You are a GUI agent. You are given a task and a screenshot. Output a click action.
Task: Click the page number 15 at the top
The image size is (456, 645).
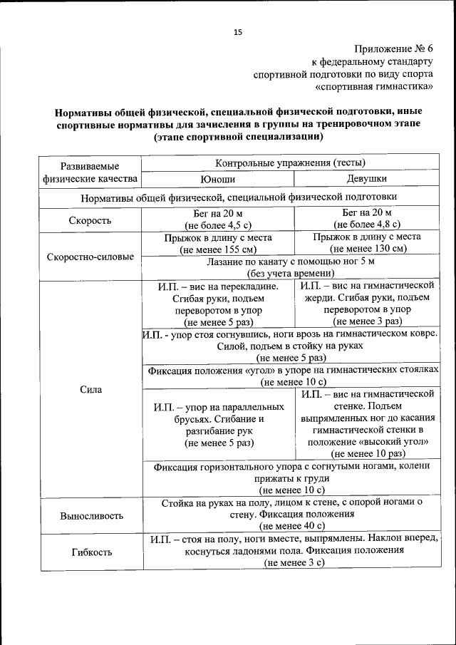[238, 32]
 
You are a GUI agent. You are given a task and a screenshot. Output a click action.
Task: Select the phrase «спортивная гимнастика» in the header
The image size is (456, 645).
[374, 87]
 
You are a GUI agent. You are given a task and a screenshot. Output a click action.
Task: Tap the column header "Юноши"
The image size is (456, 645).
[217, 180]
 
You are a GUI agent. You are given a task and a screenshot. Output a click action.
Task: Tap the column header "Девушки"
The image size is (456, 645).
[367, 180]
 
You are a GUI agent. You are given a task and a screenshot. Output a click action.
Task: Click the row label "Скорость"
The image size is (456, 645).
[90, 220]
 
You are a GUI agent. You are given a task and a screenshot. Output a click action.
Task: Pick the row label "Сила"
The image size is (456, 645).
[90, 390]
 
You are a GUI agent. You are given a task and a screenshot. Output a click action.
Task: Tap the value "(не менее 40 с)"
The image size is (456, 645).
[292, 527]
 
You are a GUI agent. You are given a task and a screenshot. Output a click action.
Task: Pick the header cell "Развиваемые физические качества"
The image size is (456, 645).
[90, 172]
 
